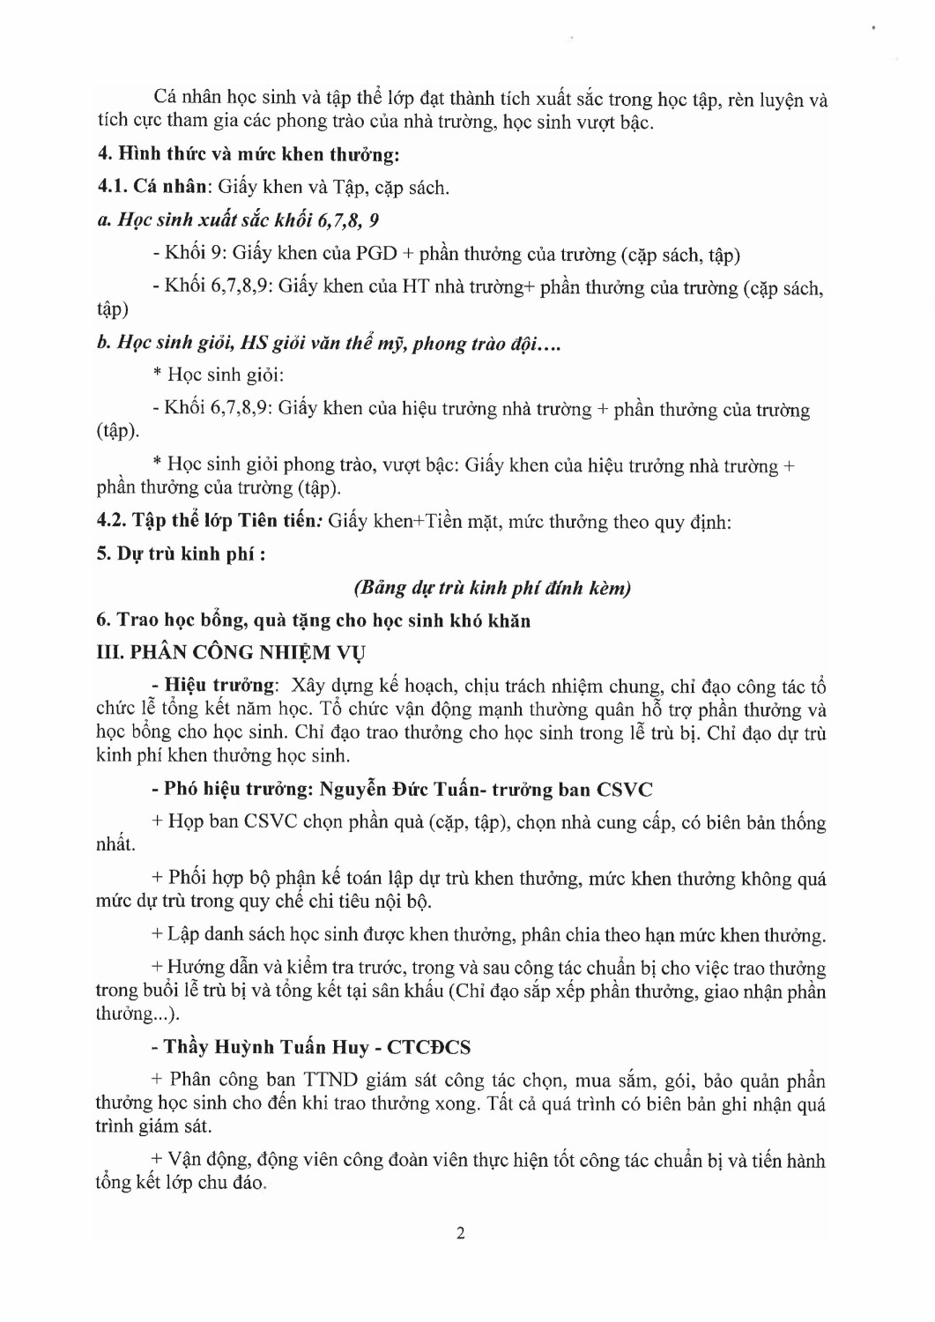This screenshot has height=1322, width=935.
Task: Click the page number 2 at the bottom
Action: coord(461,1233)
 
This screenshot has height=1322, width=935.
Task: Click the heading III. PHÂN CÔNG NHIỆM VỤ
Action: coord(231,653)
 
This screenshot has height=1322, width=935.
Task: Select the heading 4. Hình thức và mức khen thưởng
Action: coord(248,154)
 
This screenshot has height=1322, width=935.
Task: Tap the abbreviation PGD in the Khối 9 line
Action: coord(376,254)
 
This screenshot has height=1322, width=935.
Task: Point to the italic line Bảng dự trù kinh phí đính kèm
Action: coord(492,588)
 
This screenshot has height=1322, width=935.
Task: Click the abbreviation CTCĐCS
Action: coord(429,1047)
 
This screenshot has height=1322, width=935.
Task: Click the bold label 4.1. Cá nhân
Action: coord(153,187)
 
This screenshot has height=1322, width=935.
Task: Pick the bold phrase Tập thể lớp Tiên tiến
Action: coord(224,521)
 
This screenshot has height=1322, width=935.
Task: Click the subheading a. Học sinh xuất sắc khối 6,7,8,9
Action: coord(238,219)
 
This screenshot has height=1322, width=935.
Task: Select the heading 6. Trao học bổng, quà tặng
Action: coord(313,620)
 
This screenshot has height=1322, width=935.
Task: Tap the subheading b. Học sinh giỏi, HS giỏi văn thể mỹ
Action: coord(328,343)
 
